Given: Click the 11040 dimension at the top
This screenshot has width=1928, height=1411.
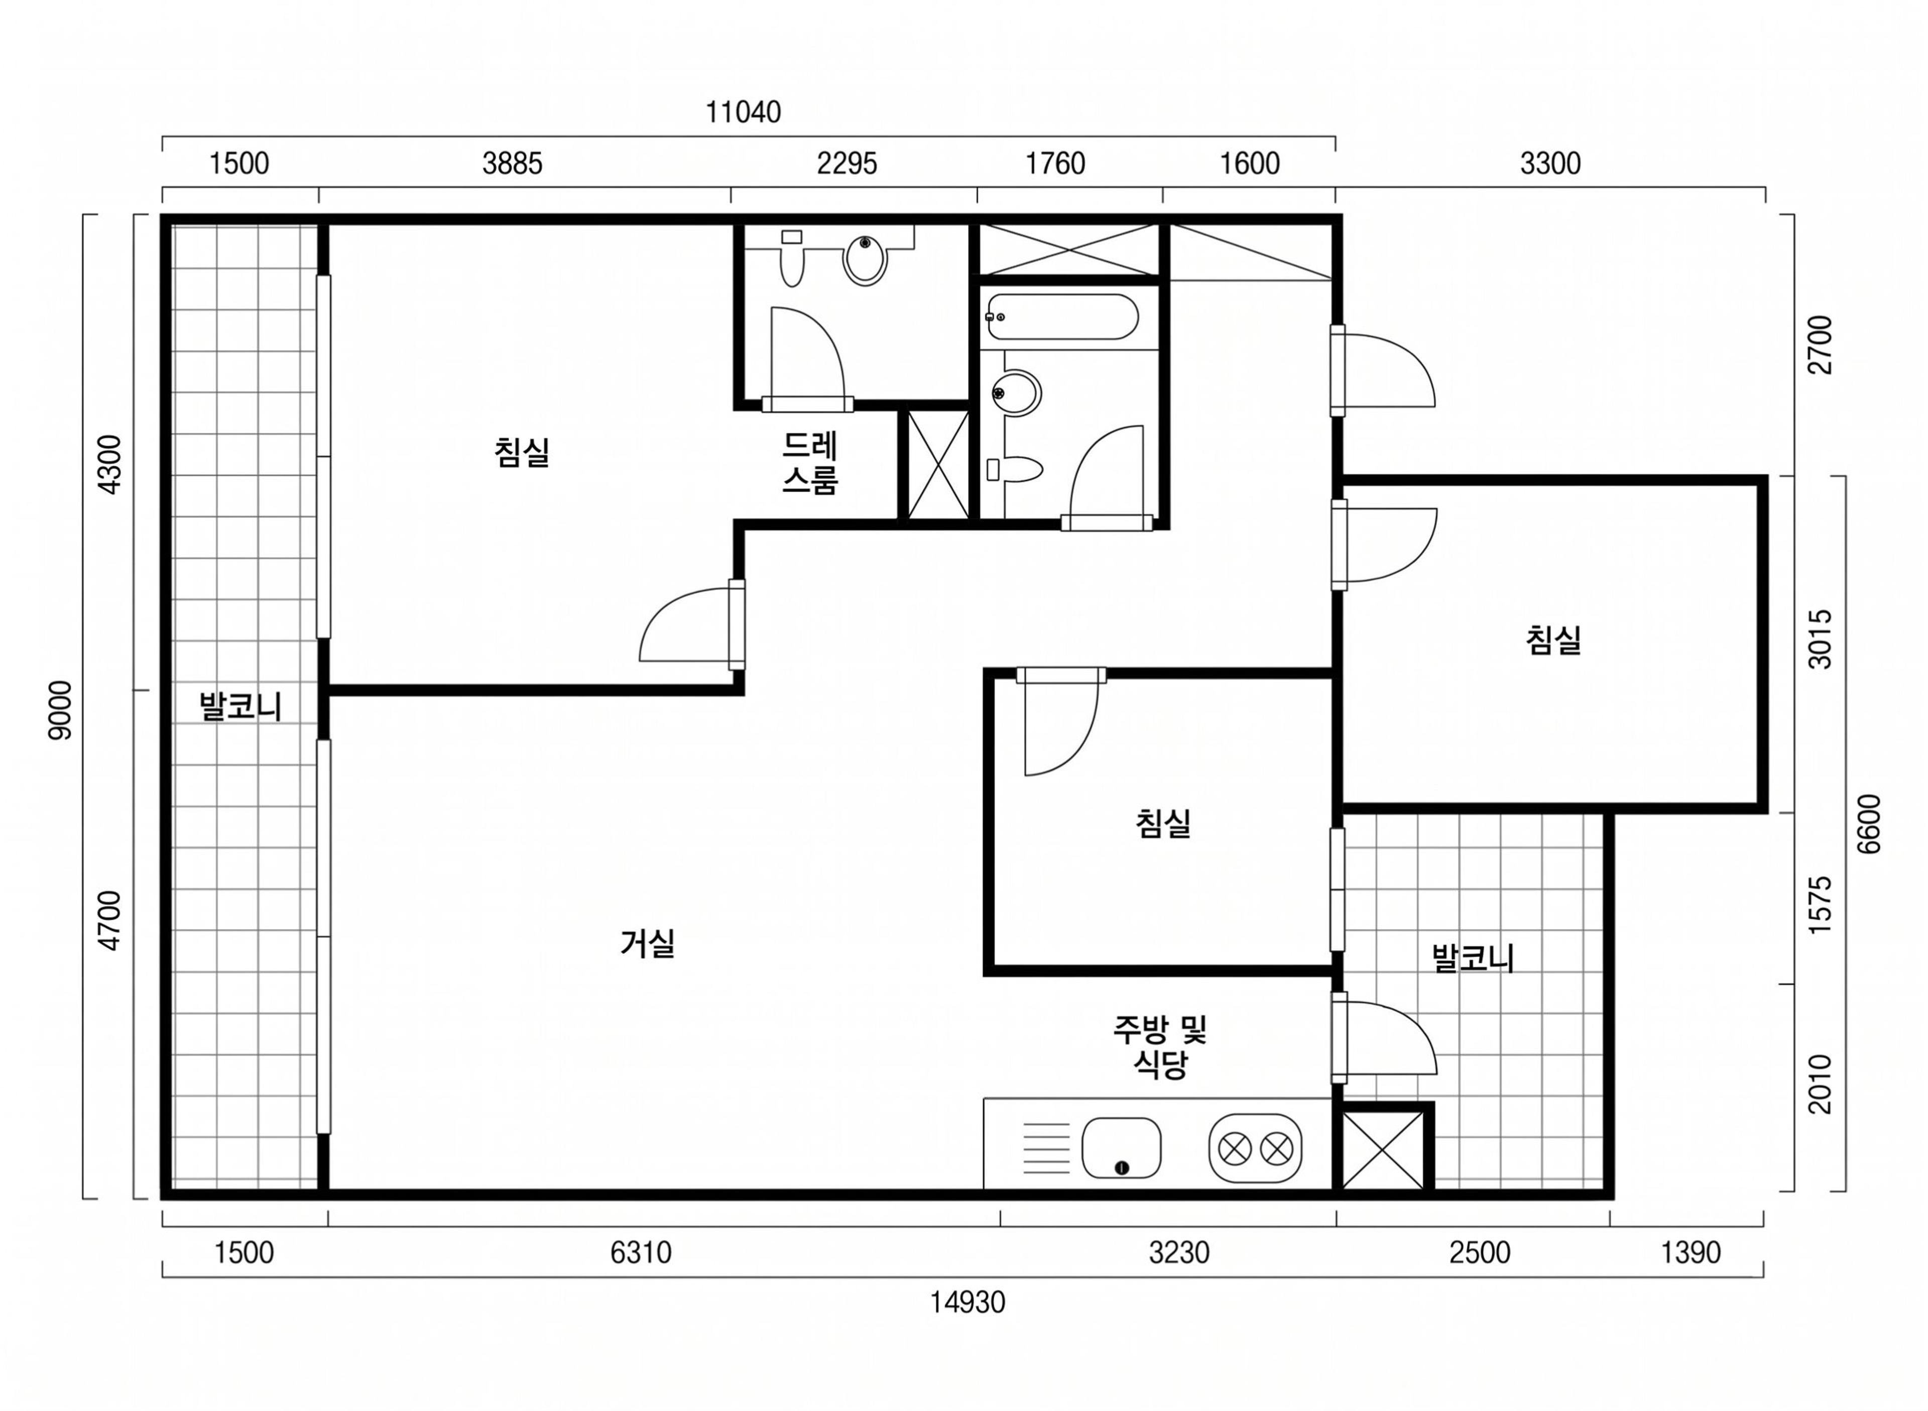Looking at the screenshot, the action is [x=742, y=112].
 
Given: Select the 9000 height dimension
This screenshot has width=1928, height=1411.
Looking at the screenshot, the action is [x=61, y=710].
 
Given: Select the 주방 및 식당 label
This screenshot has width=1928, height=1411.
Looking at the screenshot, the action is [x=1159, y=1046].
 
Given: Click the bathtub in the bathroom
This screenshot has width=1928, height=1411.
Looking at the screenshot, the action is [x=1062, y=317].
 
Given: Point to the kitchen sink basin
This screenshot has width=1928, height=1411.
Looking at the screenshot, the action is [x=1121, y=1147].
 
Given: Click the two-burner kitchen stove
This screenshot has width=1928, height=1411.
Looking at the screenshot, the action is [x=1255, y=1148].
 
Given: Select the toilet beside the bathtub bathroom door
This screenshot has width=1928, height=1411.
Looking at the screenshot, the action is [x=1014, y=469].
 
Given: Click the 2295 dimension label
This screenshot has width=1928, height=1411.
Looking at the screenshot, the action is [x=847, y=163].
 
